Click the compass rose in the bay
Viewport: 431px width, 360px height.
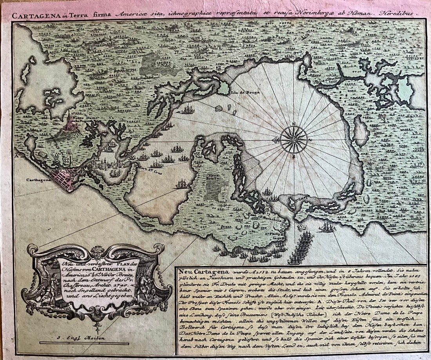click(x=294, y=139)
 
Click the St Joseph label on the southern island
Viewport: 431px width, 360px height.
click(x=301, y=198)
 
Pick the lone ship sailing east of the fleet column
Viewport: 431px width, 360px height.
click(x=326, y=227)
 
